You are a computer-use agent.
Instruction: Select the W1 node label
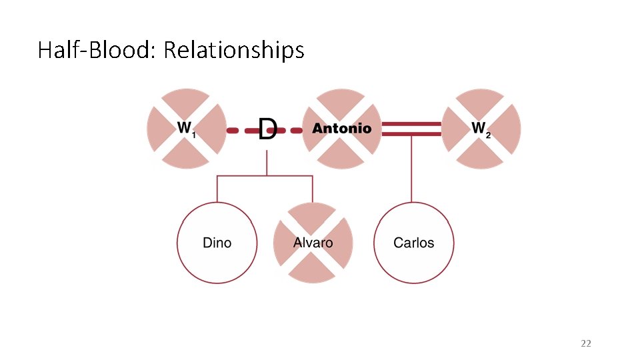[x=185, y=128]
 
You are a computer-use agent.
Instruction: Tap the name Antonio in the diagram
[x=342, y=129]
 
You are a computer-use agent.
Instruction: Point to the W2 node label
[x=481, y=128]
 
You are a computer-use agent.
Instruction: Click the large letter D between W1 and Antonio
[x=267, y=129]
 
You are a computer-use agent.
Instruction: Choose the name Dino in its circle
[x=217, y=243]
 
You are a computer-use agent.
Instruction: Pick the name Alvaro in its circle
[x=313, y=242]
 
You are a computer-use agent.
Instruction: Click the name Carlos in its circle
[x=413, y=243]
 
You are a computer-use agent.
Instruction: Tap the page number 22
[x=586, y=343]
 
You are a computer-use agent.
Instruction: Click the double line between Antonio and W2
[x=411, y=129]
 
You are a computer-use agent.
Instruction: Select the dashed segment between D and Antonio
[x=291, y=131]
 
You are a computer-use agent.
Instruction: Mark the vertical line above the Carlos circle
[x=411, y=170]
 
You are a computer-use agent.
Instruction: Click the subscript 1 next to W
[x=193, y=135]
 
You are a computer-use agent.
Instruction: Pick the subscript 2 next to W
[x=489, y=135]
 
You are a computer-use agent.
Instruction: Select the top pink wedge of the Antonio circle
[x=341, y=101]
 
